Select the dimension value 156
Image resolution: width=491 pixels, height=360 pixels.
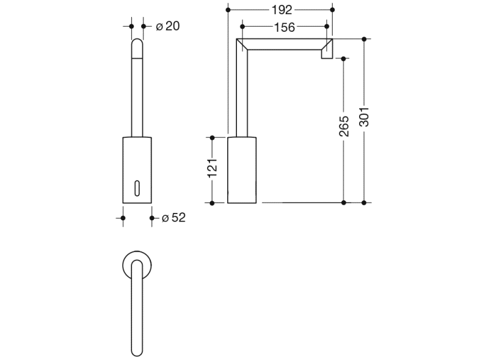coord(285,27)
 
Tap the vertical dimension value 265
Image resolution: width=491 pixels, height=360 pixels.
coord(344,126)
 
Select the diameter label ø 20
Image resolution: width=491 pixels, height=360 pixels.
coord(167,26)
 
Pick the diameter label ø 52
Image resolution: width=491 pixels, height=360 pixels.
coord(173,218)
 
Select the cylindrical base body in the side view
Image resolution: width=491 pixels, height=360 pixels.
coord(242,170)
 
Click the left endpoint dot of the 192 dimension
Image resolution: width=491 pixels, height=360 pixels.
coord(228,10)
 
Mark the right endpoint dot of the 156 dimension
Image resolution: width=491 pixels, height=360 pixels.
coord(327,27)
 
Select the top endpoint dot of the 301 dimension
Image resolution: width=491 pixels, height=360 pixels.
coord(365,39)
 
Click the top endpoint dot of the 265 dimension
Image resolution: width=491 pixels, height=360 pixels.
coord(344,59)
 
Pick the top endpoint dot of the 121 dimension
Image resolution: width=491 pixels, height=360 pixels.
coord(213,137)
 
